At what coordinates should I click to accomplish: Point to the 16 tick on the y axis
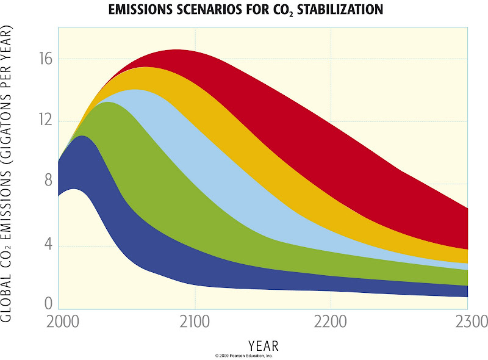[48, 60]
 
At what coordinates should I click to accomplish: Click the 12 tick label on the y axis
[48, 121]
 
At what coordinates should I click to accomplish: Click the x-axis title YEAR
[263, 346]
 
